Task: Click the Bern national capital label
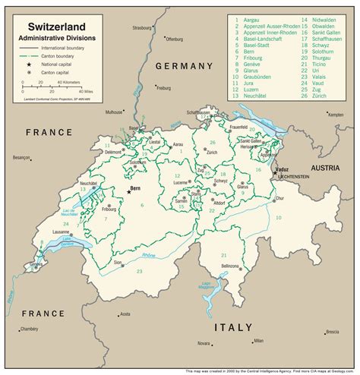pyautogui.click(x=136, y=187)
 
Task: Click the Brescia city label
pyautogui.click(x=332, y=332)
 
